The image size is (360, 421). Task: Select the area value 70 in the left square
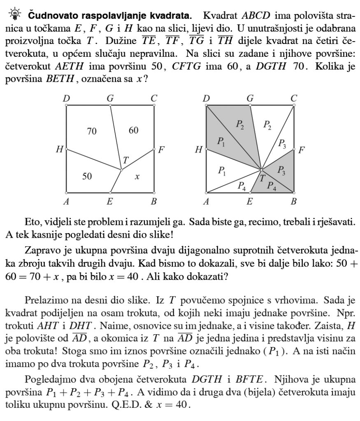[x=92, y=131]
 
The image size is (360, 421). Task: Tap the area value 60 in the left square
[x=133, y=130]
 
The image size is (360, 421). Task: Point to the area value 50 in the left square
[x=86, y=176]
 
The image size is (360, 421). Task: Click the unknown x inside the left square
[x=137, y=176]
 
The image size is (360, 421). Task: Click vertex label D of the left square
[x=66, y=99]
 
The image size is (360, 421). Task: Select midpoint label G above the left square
[x=110, y=98]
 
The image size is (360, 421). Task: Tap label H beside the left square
[x=59, y=150]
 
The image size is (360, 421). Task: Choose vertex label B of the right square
[x=294, y=201]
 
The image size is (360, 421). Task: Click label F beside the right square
[x=301, y=150]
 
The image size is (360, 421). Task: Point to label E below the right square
[x=250, y=201]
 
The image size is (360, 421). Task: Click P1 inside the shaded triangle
[x=221, y=142]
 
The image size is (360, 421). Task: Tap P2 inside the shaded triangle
[x=240, y=124]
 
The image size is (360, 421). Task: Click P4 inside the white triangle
[x=242, y=185]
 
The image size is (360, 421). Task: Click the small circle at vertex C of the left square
[x=154, y=105]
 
